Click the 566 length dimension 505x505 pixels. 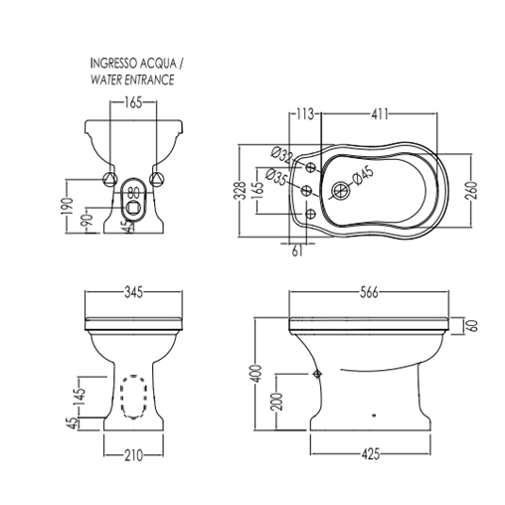pos(369,292)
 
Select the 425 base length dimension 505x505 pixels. pos(370,454)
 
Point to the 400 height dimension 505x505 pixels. pos(257,374)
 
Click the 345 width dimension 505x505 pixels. pos(133,292)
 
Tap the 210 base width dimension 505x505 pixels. pos(133,455)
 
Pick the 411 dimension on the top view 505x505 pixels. pos(379,114)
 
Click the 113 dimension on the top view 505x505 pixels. pos(304,114)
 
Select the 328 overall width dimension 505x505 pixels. pos(243,191)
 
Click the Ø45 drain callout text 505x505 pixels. pos(363,175)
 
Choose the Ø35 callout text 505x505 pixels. pos(277,177)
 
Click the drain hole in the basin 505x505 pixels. pos(340,191)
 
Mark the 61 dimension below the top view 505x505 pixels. pos(297,251)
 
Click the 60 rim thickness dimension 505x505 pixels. pos(472,326)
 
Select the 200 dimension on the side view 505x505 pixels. pos(278,402)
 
